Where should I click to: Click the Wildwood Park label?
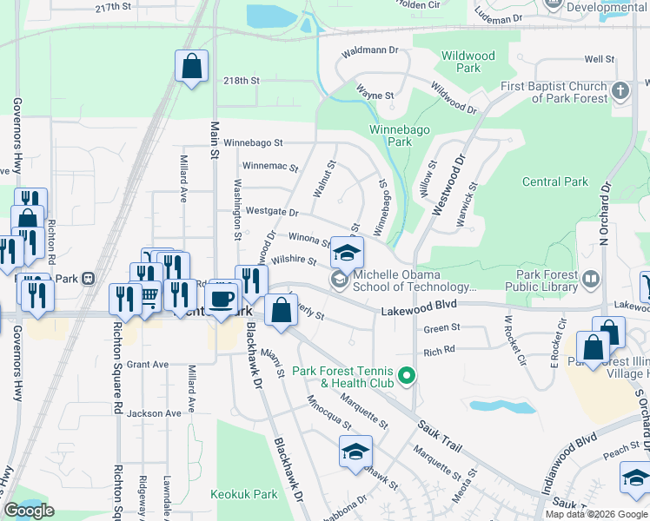(x=468, y=62)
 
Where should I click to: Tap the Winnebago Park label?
(x=390, y=135)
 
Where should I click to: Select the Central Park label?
(x=555, y=182)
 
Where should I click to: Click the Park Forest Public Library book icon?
(x=592, y=279)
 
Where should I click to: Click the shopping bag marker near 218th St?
(x=191, y=67)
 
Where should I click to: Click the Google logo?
(x=30, y=511)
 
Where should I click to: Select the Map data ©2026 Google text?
(x=596, y=514)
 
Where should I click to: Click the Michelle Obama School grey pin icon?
(x=335, y=279)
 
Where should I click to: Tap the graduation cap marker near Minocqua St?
(x=355, y=452)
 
